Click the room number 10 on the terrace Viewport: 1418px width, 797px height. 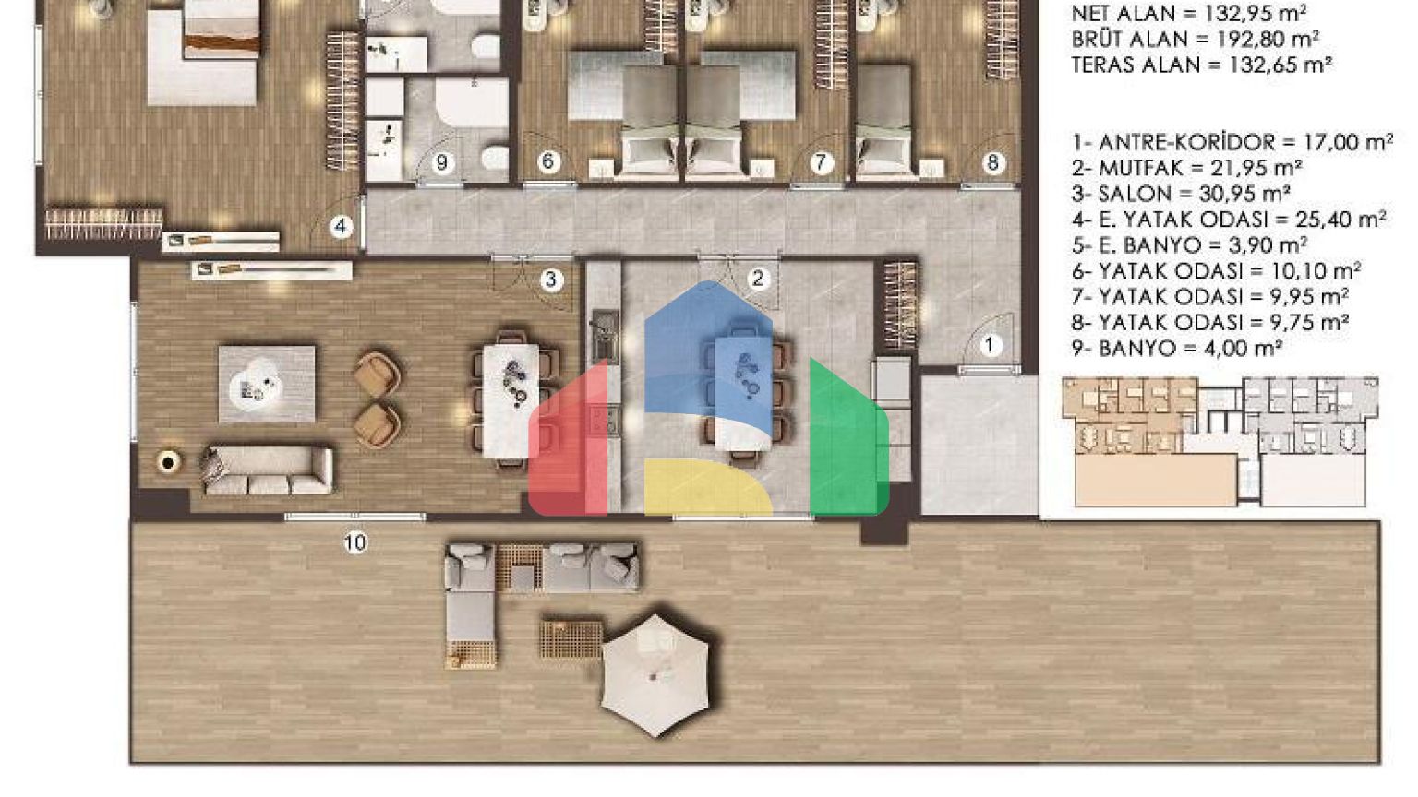pyautogui.click(x=355, y=542)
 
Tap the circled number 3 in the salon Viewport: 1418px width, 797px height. pyautogui.click(x=551, y=279)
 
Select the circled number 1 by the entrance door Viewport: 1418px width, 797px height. pyautogui.click(x=990, y=345)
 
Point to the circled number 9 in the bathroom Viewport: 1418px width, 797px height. pyautogui.click(x=442, y=162)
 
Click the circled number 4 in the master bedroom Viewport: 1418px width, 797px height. pyautogui.click(x=341, y=226)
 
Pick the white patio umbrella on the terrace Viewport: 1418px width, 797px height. pyautogui.click(x=655, y=675)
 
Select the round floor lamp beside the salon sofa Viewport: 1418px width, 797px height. pyautogui.click(x=168, y=463)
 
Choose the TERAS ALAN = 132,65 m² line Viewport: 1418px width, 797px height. pyautogui.click(x=1201, y=65)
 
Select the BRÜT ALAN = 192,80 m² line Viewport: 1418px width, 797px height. pyautogui.click(x=1196, y=40)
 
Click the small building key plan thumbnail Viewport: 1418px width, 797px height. pyautogui.click(x=1220, y=442)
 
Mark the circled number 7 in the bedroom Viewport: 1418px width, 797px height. pyautogui.click(x=821, y=162)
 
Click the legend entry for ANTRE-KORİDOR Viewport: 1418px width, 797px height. pyautogui.click(x=1232, y=142)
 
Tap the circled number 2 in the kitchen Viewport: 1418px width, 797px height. pyautogui.click(x=758, y=278)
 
